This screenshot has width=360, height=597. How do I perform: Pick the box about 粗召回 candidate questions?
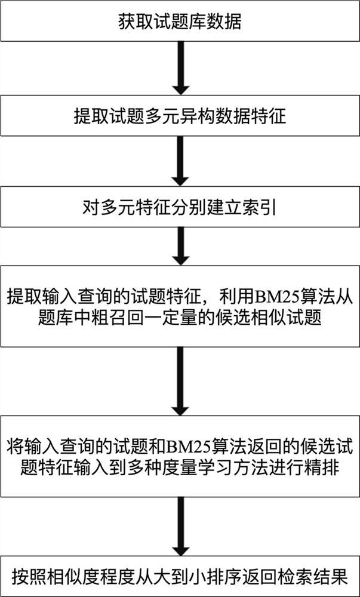180,307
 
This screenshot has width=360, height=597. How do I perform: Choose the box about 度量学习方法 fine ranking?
180,457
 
